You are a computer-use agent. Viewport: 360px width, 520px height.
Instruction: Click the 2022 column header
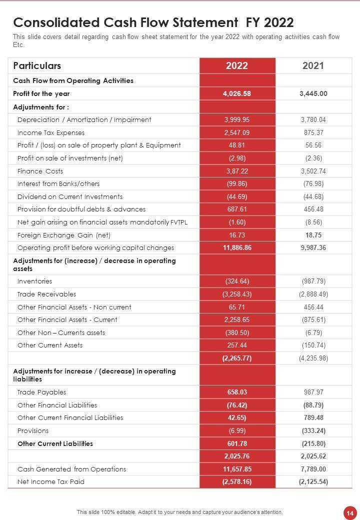[x=237, y=65]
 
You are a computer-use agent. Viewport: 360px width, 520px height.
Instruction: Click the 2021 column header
[x=313, y=65]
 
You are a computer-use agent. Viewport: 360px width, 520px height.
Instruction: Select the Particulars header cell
[x=37, y=65]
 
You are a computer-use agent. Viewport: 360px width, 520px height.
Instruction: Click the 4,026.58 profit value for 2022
[x=237, y=93]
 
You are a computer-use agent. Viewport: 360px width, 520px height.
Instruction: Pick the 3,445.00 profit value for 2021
[x=313, y=93]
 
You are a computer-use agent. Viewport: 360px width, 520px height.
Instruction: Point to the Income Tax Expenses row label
[x=51, y=132]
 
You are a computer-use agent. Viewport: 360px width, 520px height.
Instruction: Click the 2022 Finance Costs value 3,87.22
[x=237, y=171]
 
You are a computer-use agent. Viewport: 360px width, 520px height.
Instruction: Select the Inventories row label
[x=34, y=281]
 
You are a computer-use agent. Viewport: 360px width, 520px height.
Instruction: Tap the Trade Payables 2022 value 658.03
[x=237, y=392]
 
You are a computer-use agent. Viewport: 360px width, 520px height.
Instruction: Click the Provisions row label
[x=33, y=430]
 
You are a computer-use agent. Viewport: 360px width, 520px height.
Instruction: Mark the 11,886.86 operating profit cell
[x=237, y=247]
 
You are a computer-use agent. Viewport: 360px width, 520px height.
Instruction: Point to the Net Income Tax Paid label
[x=51, y=481]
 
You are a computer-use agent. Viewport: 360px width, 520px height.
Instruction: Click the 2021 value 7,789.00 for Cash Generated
[x=313, y=469]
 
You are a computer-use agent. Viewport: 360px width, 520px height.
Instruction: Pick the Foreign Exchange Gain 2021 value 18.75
[x=313, y=235]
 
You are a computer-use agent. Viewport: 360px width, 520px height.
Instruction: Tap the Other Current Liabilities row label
[x=55, y=443]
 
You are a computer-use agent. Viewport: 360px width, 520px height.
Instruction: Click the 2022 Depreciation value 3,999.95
[x=237, y=119]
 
